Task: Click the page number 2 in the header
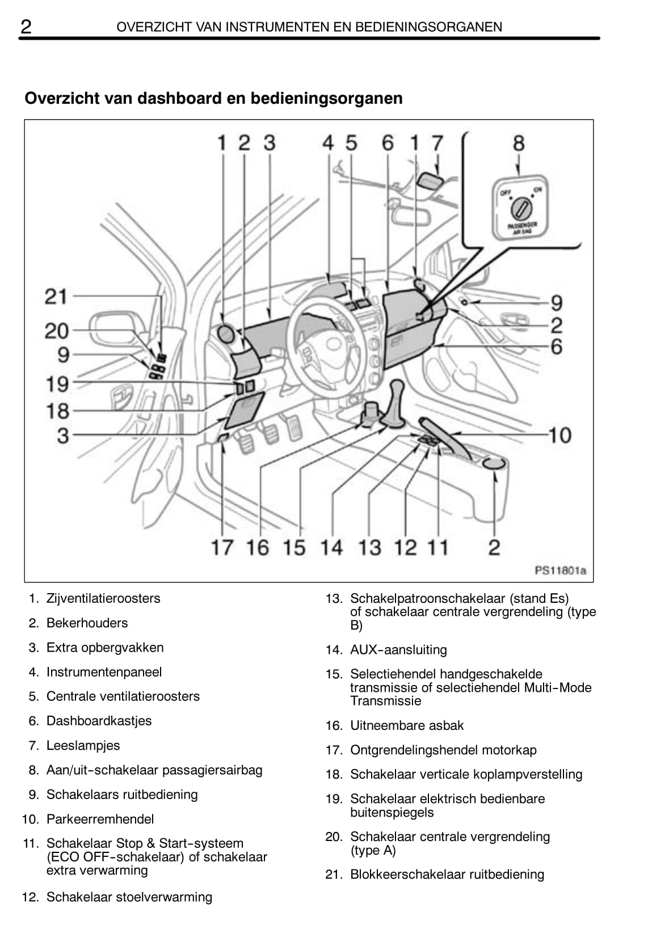click(x=26, y=26)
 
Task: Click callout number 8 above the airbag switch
click(x=518, y=143)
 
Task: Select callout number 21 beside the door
click(x=56, y=296)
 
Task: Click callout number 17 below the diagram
click(x=222, y=547)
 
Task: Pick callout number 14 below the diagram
click(x=331, y=547)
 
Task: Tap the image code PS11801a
click(x=559, y=570)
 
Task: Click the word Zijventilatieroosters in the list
click(x=103, y=598)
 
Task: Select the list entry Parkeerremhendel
click(x=100, y=819)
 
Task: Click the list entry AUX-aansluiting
click(x=398, y=649)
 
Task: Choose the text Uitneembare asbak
click(x=407, y=725)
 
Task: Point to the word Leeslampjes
click(x=83, y=745)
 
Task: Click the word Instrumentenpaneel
click(x=104, y=672)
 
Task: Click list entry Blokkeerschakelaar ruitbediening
click(x=447, y=874)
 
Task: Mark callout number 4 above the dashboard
click(x=328, y=143)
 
